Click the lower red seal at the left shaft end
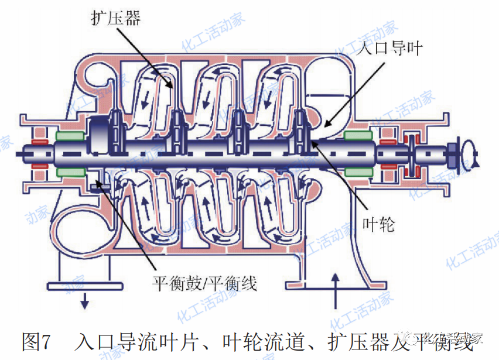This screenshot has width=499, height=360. pos(39,166)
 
